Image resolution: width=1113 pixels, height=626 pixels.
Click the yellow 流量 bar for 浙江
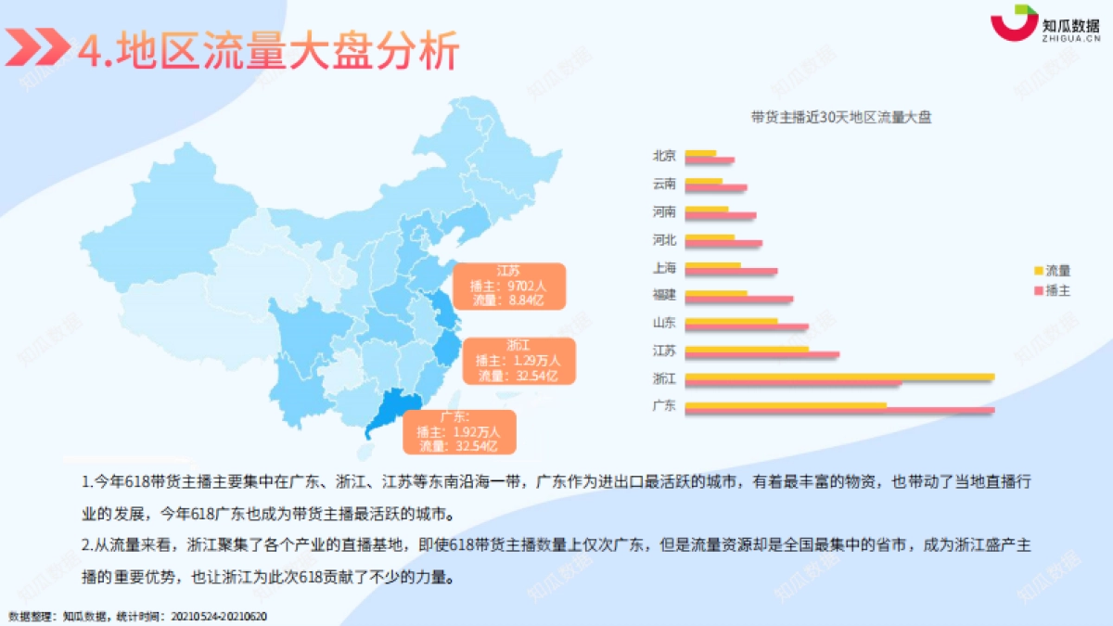tap(839, 377)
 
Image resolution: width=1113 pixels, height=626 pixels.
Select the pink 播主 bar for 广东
tap(839, 410)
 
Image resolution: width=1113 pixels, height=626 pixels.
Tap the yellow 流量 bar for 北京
tap(700, 153)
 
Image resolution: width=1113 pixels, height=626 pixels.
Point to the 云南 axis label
tap(665, 184)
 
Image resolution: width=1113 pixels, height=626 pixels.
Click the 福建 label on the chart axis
tap(665, 295)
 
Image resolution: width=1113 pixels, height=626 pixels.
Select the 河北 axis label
tap(665, 239)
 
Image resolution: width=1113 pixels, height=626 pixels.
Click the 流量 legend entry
tap(1053, 271)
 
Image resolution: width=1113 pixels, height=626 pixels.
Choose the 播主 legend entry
tap(1053, 290)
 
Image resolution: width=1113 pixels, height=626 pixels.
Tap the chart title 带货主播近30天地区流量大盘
tap(841, 117)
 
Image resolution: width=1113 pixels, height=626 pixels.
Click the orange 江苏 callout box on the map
tap(507, 286)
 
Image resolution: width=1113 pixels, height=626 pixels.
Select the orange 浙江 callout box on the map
tap(518, 360)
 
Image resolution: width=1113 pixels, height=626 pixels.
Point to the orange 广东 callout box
tap(458, 432)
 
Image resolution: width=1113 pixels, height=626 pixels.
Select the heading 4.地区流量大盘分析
tap(268, 51)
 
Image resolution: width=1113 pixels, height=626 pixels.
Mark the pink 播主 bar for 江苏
tap(761, 354)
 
